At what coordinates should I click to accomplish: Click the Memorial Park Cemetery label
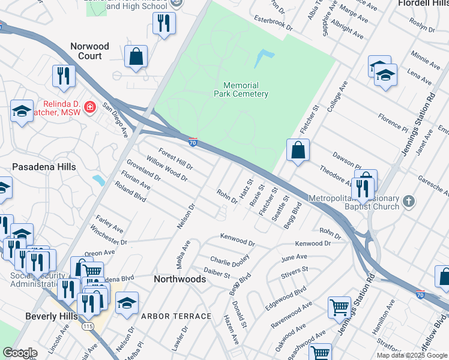[241, 89]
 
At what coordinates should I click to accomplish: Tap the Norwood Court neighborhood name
[90, 51]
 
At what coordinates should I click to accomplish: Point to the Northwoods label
[179, 279]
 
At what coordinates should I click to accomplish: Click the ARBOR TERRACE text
[176, 316]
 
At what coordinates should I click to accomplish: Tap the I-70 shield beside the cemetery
[192, 143]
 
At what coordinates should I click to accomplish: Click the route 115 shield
[88, 326]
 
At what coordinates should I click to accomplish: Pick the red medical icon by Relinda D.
[89, 107]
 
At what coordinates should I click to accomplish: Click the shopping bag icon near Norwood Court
[137, 56]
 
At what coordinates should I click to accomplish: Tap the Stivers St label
[294, 275]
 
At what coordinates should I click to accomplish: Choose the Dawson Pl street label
[348, 161]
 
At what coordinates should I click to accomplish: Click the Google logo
[20, 353]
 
